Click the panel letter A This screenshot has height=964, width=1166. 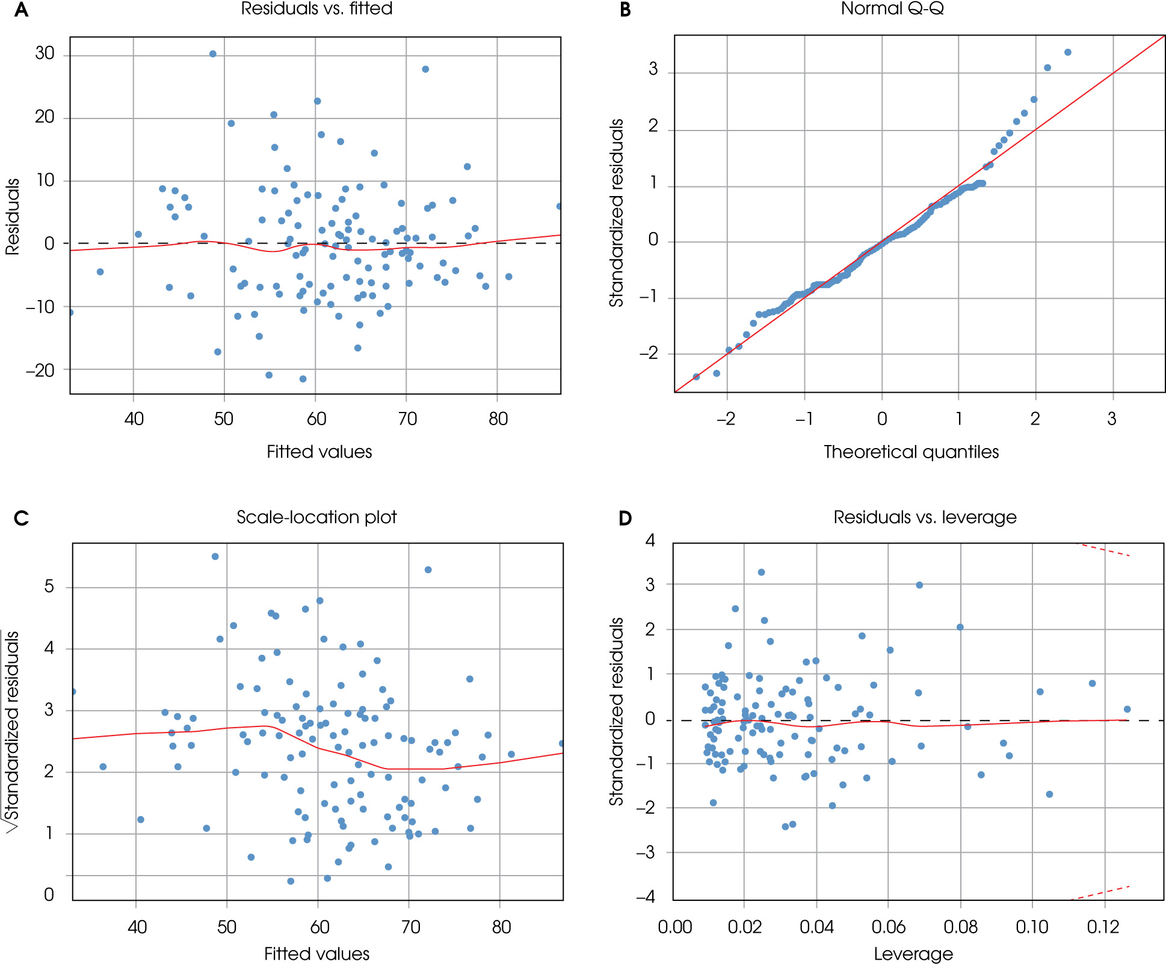[21, 10]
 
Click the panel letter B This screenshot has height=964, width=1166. [625, 10]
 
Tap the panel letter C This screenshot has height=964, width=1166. [21, 518]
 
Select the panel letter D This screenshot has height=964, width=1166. [625, 518]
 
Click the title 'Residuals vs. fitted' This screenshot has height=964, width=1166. [316, 9]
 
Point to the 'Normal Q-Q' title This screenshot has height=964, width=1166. [892, 9]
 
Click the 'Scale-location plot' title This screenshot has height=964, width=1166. [316, 517]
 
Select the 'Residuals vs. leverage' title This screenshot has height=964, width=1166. [925, 517]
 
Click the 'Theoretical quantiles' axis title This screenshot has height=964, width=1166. [911, 452]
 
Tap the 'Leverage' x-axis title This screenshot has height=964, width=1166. [913, 954]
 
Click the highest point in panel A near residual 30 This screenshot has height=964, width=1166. [212, 54]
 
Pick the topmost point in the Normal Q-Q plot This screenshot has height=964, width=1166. [1068, 52]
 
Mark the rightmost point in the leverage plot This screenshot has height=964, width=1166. [1127, 709]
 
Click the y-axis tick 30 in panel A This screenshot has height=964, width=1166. [45, 54]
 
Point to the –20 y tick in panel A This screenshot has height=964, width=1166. [40, 370]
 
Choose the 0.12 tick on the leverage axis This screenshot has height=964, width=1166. [1103, 927]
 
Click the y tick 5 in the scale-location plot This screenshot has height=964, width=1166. [49, 586]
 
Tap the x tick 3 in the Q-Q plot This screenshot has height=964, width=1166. [1112, 419]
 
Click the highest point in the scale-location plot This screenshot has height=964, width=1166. [215, 557]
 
